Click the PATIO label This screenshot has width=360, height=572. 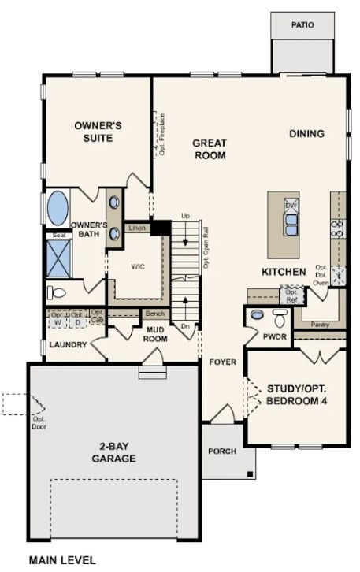(302, 25)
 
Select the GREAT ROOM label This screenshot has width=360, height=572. (210, 149)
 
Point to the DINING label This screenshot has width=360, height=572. (306, 133)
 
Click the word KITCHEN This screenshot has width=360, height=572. (284, 272)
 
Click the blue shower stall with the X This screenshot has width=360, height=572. (58, 255)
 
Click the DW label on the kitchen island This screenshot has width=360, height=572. (291, 206)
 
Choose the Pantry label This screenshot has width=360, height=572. (321, 324)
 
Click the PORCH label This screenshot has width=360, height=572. (222, 451)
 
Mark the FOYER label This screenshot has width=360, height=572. (222, 362)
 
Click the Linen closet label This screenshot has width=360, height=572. (137, 228)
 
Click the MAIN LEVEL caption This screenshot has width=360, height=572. (62, 561)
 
